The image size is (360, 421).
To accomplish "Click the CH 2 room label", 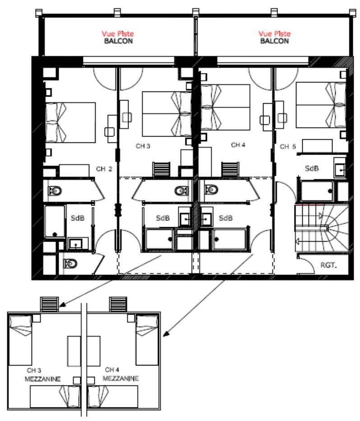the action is pyautogui.click(x=104, y=169).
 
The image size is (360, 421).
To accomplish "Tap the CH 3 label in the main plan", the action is pyautogui.click(x=143, y=146).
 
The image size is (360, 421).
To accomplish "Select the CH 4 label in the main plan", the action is pyautogui.click(x=238, y=145).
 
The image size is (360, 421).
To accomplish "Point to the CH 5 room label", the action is pyautogui.click(x=288, y=146).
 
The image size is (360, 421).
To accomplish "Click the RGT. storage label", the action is pyautogui.click(x=328, y=265).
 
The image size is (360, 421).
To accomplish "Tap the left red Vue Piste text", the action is pyautogui.click(x=118, y=34).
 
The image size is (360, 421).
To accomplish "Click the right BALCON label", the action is pyautogui.click(x=275, y=41).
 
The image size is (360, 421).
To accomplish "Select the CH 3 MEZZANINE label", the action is pyautogui.click(x=43, y=375).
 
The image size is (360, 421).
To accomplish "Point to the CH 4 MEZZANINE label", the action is pyautogui.click(x=120, y=374).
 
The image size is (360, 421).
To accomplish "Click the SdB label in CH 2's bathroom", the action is pyautogui.click(x=78, y=218).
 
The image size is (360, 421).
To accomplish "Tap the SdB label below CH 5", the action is pyautogui.click(x=312, y=168).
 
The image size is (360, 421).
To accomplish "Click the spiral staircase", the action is pyautogui.click(x=322, y=229).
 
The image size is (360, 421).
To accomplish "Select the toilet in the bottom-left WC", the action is pyautogui.click(x=70, y=264).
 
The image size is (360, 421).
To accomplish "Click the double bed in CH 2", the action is pyautogui.click(x=70, y=123).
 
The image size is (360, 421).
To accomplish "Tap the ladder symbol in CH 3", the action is pyautogui.click(x=161, y=169).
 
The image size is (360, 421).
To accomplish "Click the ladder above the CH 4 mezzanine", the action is pyautogui.click(x=118, y=304).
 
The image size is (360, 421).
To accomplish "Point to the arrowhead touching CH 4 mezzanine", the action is pyautogui.click(x=166, y=334).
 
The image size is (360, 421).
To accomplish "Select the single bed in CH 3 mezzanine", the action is pyautogui.click(x=20, y=340).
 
